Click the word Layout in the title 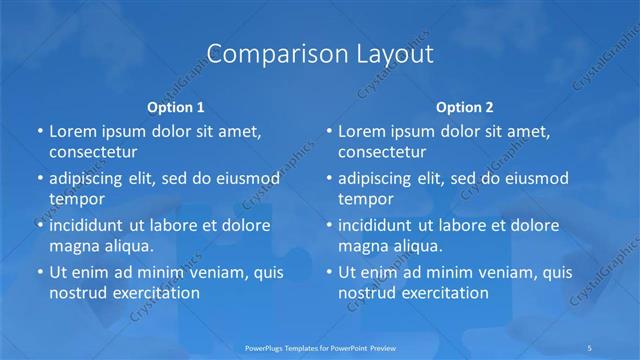(x=389, y=53)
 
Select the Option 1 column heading (x=176, y=106)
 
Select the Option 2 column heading (x=465, y=106)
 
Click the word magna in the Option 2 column (x=362, y=245)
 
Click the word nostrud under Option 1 (x=76, y=293)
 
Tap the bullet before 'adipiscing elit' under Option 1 (x=39, y=178)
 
